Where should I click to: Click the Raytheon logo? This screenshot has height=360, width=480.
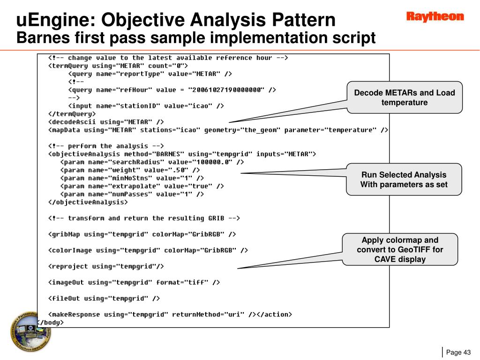pos(435,17)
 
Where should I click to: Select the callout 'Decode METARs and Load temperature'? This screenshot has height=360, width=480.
pos(404,97)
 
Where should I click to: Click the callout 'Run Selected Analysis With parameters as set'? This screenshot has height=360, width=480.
pos(404,180)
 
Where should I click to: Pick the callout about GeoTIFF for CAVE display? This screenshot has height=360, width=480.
pos(400,249)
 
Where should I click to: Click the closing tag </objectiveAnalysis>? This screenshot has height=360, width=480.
pos(88,202)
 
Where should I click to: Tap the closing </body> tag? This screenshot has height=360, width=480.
pos(50,322)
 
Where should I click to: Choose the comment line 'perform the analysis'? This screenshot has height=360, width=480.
pos(106,146)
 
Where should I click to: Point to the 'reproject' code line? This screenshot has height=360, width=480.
pos(106,266)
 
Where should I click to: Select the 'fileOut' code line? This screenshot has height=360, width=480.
pos(104,298)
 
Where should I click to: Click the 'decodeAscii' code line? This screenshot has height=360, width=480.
pos(106,122)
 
